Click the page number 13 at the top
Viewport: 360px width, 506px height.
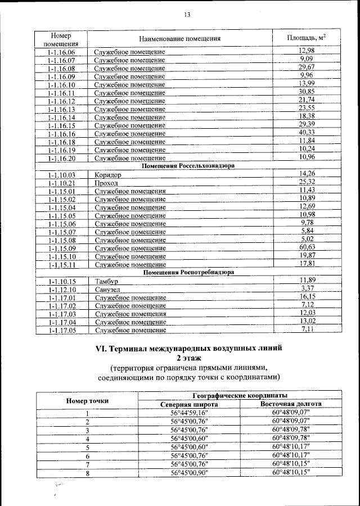(179, 15)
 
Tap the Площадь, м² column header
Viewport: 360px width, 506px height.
(307, 38)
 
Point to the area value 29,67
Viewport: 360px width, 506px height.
(307, 67)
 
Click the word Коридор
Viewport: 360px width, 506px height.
(108, 175)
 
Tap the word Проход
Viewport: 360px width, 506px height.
(106, 183)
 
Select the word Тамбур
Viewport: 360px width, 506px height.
(107, 281)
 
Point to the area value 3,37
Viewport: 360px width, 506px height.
(307, 288)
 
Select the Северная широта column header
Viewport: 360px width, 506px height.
(189, 404)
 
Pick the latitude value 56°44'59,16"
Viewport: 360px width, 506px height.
(189, 413)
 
